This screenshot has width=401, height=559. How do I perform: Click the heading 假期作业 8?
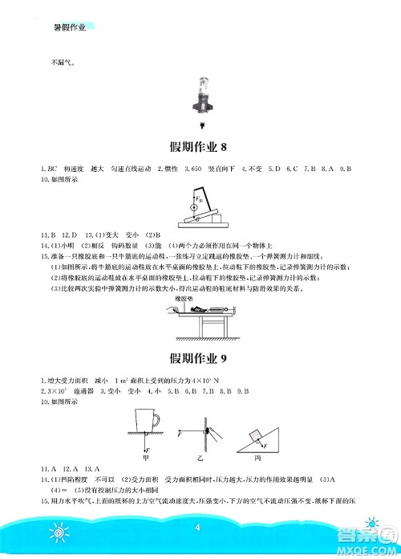tap(200, 146)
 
